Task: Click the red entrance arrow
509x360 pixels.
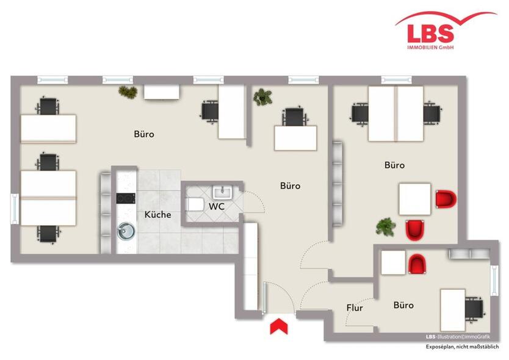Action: (279, 326)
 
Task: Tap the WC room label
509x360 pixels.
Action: (217, 206)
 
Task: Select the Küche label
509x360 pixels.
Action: (157, 215)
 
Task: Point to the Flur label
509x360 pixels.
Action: (355, 308)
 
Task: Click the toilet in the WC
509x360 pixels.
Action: (194, 204)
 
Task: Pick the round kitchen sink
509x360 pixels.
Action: (126, 231)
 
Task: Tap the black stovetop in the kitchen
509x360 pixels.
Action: (126, 198)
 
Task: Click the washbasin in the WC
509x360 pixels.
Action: (223, 192)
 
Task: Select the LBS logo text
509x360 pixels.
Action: (430, 34)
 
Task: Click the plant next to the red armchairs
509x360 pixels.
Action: (386, 226)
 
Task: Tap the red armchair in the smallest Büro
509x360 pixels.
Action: (417, 264)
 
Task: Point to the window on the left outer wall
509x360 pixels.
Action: (15, 209)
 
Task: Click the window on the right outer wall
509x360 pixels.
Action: (494, 281)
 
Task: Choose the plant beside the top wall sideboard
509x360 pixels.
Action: (128, 92)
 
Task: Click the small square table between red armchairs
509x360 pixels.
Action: (414, 199)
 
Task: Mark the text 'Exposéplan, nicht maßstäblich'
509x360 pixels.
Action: (462, 347)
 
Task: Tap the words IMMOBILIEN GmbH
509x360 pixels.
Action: (430, 48)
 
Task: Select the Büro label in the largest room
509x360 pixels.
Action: (144, 134)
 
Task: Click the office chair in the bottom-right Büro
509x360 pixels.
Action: (475, 309)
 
